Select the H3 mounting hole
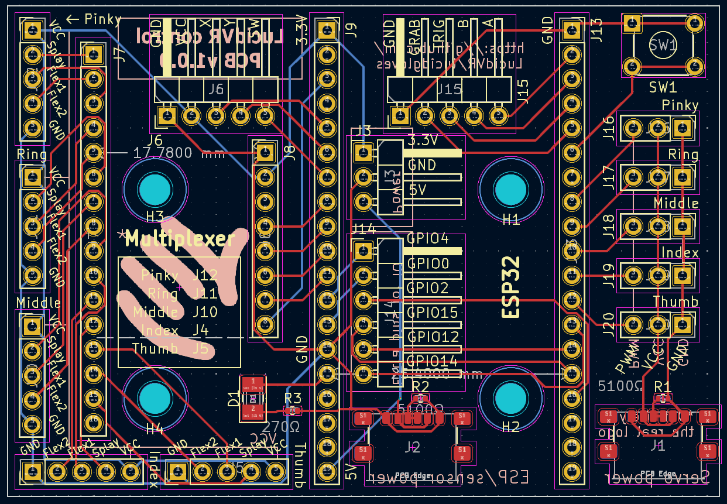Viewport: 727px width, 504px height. coord(155,189)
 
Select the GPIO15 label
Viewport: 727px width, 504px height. coord(433,313)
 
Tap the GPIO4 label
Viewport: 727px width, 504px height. coord(428,239)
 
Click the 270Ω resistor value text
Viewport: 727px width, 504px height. coord(282,426)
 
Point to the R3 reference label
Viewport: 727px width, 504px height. coord(292,398)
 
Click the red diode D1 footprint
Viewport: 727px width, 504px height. coord(253,398)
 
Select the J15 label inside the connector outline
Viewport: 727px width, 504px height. coord(449,90)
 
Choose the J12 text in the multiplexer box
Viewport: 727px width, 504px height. coord(205,275)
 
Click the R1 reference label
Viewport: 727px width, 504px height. coord(663,386)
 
